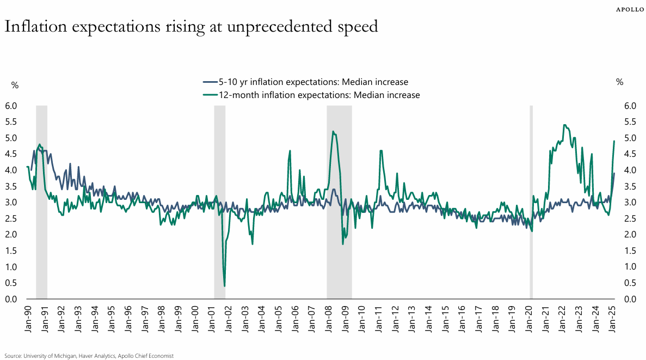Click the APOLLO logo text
(x=627, y=9)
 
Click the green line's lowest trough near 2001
(x=224, y=286)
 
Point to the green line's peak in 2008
(x=333, y=131)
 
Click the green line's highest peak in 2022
(x=564, y=125)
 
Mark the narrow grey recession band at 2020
(x=531, y=202)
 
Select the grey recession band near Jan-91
(x=41, y=202)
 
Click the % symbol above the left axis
(x=15, y=84)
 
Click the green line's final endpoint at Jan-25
(x=614, y=141)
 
